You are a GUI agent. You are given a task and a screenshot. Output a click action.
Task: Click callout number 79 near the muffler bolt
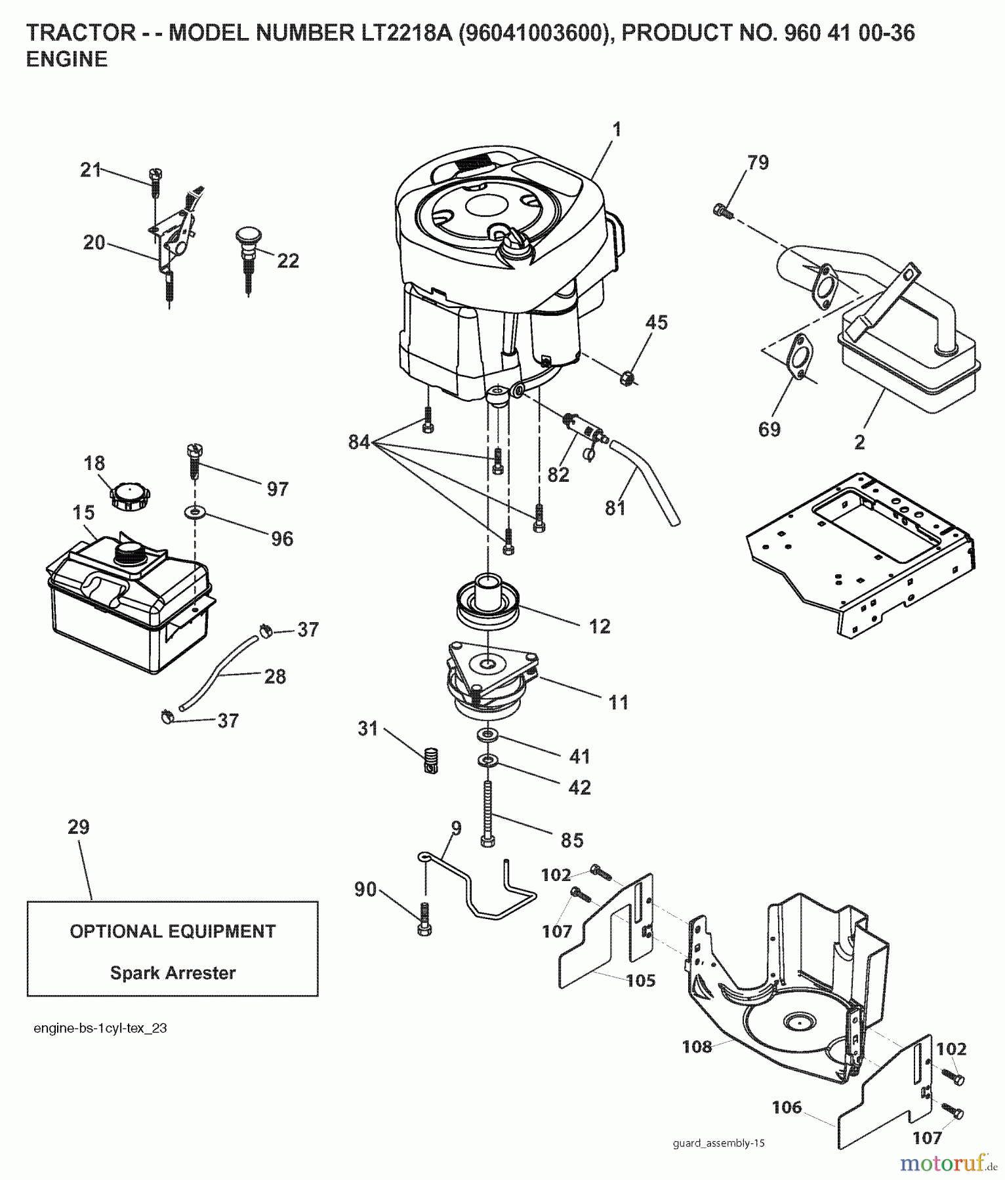758,163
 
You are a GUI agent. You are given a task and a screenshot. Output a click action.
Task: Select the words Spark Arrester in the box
173,973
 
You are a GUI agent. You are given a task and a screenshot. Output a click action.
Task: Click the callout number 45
656,323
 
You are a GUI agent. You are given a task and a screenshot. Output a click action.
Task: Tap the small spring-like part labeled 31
430,760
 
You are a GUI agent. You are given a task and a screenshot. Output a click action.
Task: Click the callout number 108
697,1046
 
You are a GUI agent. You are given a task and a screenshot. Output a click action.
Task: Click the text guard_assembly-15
718,1143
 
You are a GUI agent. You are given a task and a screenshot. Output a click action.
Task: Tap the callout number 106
787,1107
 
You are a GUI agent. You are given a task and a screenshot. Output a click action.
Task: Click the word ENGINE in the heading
66,60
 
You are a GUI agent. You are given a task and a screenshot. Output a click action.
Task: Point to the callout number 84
359,443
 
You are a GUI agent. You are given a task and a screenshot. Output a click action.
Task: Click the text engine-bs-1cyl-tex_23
100,1028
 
